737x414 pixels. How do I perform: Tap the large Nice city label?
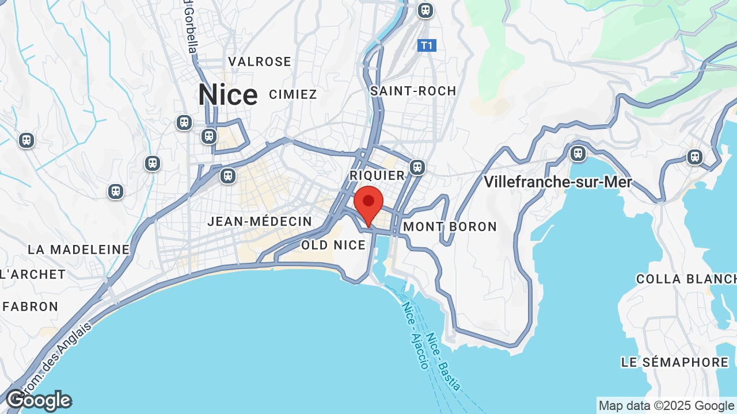[228, 95]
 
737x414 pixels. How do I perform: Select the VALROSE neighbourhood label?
[260, 62]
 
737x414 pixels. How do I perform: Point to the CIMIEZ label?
[293, 94]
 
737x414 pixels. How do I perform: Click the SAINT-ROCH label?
[413, 91]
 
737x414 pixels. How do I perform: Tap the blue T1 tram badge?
[427, 45]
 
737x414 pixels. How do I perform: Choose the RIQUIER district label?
[377, 175]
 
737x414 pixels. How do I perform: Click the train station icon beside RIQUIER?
[417, 167]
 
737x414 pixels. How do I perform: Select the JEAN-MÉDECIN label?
[260, 221]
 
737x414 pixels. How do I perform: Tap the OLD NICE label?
[333, 246]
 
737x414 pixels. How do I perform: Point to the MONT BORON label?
[450, 227]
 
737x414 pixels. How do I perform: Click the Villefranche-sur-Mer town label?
[558, 182]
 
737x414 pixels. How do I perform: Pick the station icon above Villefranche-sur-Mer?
[578, 154]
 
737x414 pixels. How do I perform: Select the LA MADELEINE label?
[79, 250]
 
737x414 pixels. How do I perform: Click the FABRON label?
[31, 306]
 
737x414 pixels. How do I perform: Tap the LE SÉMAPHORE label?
[675, 362]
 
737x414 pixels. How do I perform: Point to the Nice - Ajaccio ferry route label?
[415, 335]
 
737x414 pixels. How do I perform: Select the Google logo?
[39, 400]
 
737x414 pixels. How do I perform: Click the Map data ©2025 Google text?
[666, 406]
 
